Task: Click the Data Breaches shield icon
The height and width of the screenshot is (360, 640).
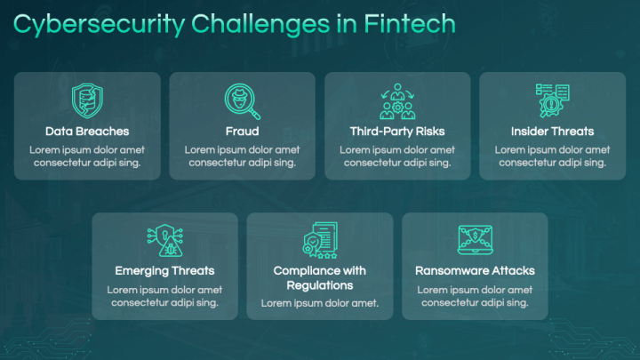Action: click(x=87, y=100)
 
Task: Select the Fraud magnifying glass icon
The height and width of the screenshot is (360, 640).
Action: click(x=242, y=100)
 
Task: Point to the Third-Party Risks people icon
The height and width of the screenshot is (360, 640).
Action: click(x=396, y=100)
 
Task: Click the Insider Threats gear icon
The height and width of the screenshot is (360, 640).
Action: click(x=552, y=100)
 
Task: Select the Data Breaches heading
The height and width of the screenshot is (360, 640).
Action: click(x=87, y=132)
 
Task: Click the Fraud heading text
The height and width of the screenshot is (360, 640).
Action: click(x=242, y=132)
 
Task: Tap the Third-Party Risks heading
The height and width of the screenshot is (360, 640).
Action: click(x=397, y=132)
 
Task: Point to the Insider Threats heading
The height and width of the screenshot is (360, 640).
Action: click(x=552, y=132)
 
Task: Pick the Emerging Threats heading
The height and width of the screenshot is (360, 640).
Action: click(x=164, y=270)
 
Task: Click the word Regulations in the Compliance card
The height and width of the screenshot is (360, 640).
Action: click(x=320, y=285)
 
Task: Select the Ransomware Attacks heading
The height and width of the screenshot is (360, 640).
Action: click(x=475, y=270)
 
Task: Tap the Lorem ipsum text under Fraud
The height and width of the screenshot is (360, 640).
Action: click(x=242, y=156)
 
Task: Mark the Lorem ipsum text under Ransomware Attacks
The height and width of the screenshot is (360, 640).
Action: click(x=475, y=295)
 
